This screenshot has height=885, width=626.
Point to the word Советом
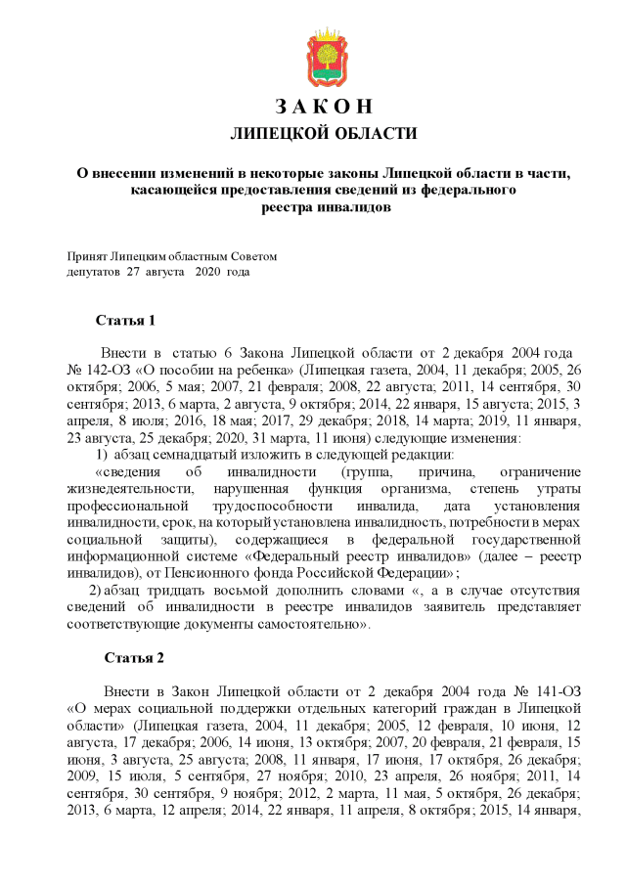click(255, 256)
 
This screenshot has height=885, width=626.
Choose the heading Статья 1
click(125, 320)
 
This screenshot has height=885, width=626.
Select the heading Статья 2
click(134, 657)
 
